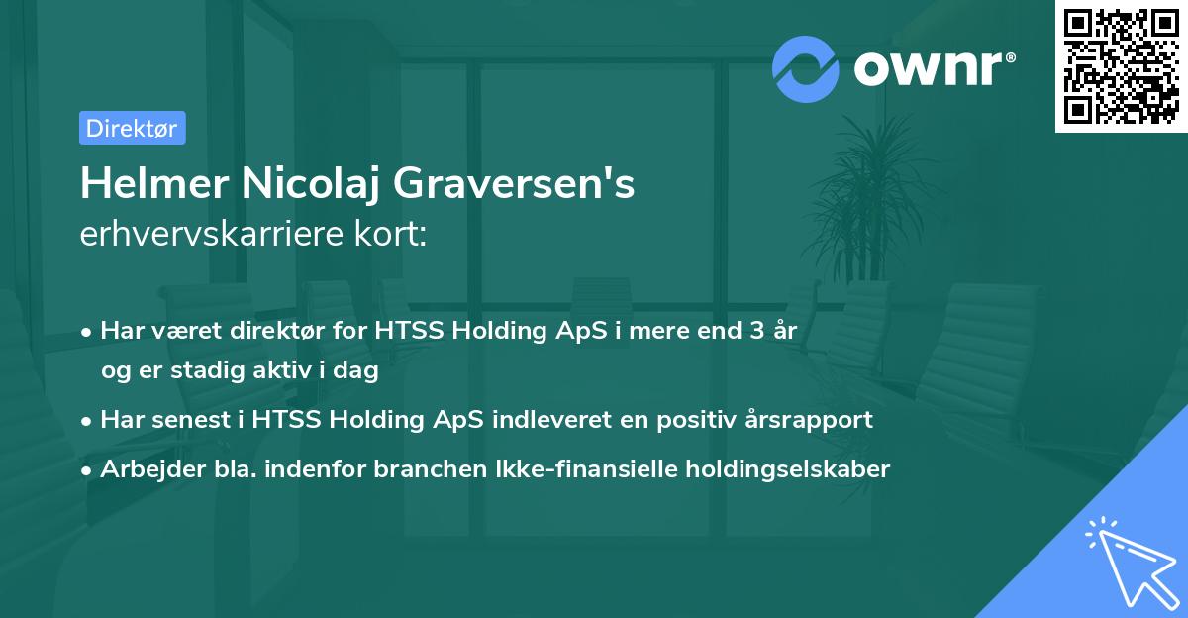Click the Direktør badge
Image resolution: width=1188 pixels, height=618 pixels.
[132, 128]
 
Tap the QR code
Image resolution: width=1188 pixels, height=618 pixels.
[1122, 66]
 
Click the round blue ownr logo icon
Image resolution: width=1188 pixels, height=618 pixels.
[805, 69]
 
